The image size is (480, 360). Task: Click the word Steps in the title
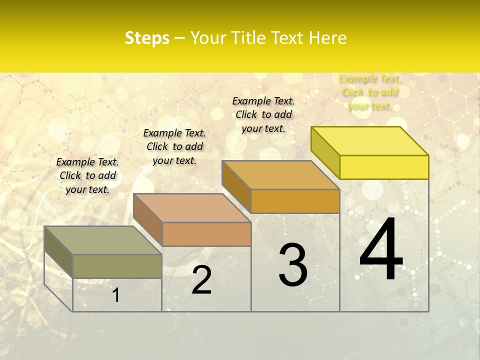[147, 38]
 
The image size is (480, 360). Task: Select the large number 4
[381, 250]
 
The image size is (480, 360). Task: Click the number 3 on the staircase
[293, 265]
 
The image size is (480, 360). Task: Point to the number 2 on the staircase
[201, 280]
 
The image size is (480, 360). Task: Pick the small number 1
[115, 295]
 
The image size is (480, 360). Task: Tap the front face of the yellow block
[384, 167]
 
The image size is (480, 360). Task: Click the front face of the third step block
[295, 201]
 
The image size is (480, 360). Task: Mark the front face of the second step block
[206, 234]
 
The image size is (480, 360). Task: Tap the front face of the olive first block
[117, 266]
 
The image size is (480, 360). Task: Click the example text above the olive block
[87, 175]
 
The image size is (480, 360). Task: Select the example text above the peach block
[174, 146]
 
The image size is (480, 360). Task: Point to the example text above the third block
[263, 114]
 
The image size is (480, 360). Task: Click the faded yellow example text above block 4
[369, 92]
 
